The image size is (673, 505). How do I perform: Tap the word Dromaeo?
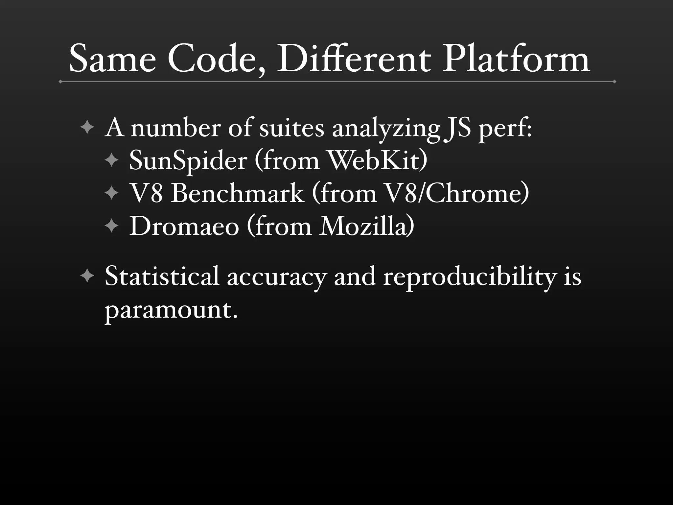[184, 226]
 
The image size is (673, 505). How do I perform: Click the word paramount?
[171, 310]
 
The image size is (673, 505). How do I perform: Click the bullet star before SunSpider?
[112, 160]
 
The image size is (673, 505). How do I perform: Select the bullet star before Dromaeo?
[112, 226]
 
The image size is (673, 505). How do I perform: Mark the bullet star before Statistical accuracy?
[87, 276]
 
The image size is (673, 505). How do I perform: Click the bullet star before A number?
[87, 127]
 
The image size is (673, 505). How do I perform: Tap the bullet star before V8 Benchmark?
[112, 193]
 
